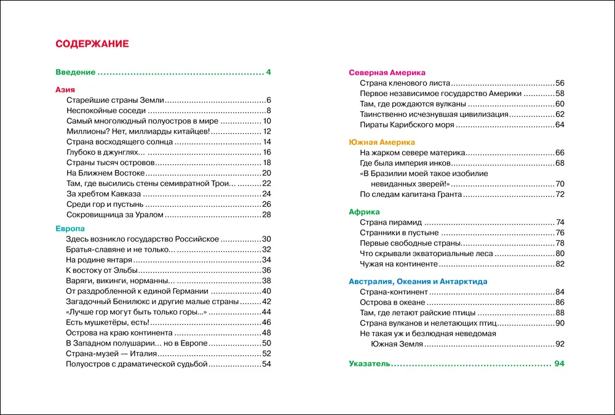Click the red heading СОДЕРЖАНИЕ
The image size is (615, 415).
[92, 44]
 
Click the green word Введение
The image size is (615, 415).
[75, 72]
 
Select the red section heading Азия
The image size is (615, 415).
[65, 89]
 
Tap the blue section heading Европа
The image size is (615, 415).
[70, 228]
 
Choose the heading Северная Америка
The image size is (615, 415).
[387, 72]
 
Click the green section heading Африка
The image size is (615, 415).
[364, 211]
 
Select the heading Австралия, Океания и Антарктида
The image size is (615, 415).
[418, 281]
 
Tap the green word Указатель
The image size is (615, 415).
[369, 364]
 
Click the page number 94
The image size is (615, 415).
[558, 364]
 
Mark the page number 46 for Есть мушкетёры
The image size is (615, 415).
[266, 322]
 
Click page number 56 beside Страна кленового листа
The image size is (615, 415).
[559, 83]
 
